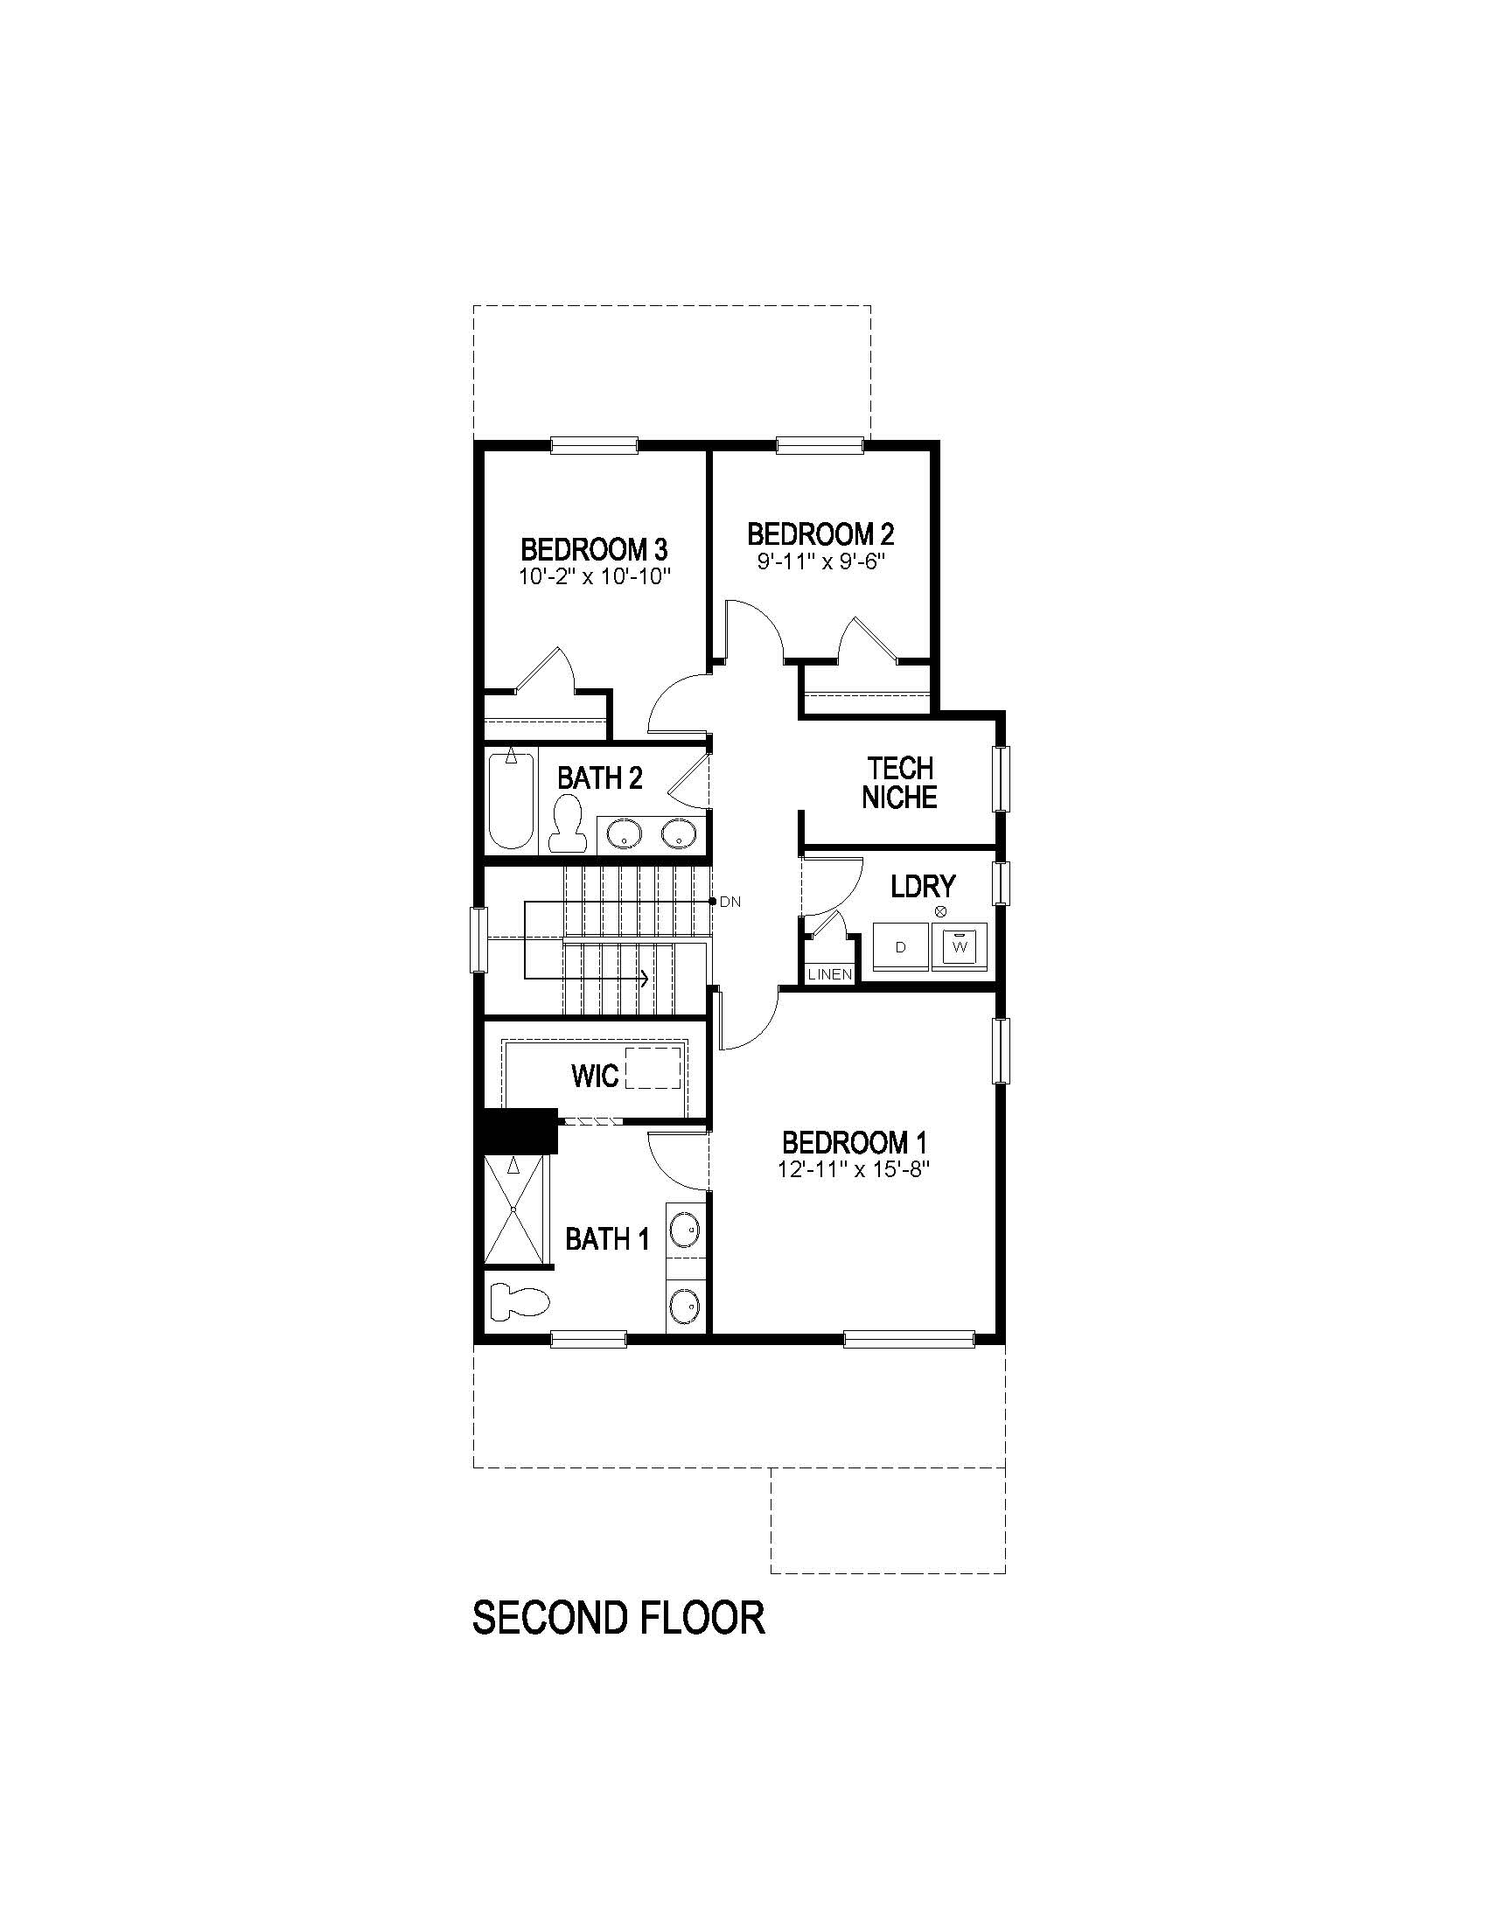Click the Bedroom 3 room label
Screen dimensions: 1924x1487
pos(594,550)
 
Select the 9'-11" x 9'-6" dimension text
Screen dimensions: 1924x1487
pos(820,562)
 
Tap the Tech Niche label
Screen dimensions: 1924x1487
pos(899,783)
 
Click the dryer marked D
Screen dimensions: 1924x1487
pos(900,948)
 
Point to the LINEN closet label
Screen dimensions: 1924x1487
pos(830,974)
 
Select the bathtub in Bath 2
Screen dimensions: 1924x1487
pos(511,799)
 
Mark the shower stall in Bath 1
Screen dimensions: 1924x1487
pos(514,1211)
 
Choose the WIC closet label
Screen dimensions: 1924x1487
pos(595,1076)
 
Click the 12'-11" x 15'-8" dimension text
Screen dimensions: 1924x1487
pos(854,1169)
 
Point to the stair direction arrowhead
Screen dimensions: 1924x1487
pos(646,978)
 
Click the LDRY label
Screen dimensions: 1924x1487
pos(922,886)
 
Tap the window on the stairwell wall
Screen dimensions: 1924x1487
pos(478,940)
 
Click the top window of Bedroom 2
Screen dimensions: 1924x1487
pos(820,446)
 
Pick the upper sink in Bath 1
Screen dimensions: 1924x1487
pos(685,1227)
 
